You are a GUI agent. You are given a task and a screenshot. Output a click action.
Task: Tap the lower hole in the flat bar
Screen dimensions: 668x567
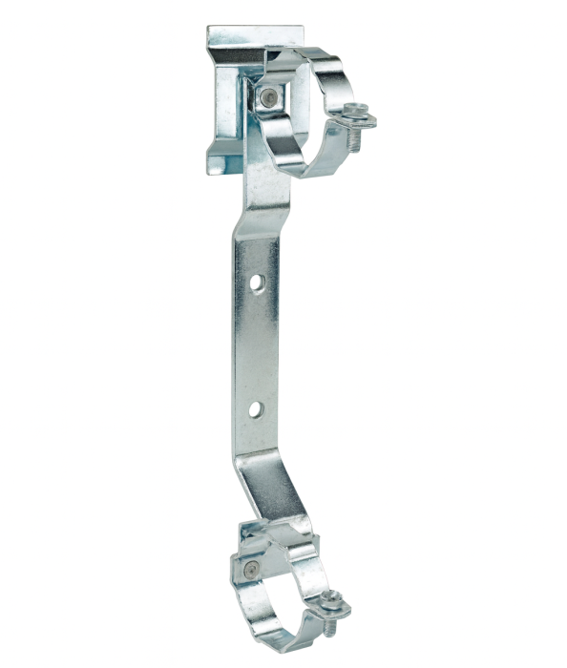[256, 409]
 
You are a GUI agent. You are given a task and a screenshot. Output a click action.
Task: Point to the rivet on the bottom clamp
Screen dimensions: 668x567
[250, 570]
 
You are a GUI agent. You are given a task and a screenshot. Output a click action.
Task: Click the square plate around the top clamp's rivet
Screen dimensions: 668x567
[271, 97]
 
